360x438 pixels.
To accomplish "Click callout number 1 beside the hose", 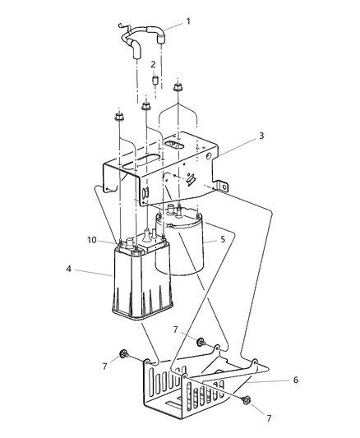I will tap(188, 21).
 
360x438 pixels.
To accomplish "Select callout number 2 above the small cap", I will tap(153, 65).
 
